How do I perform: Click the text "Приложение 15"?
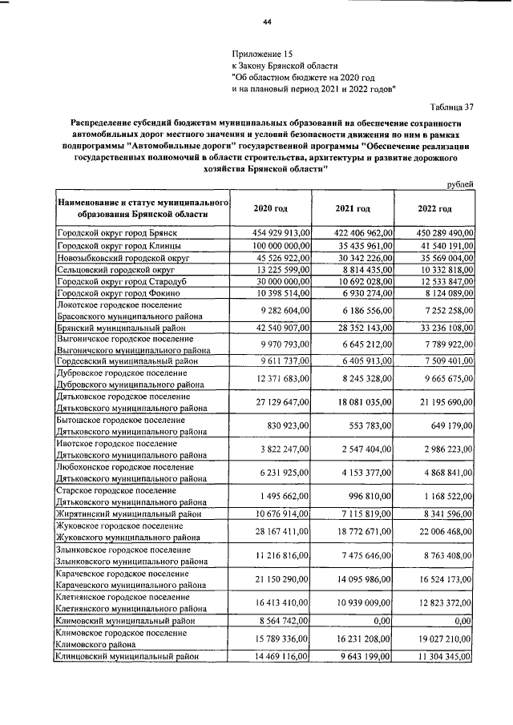[x=262, y=53]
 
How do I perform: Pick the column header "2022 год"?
[x=435, y=208]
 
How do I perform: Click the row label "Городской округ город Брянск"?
[x=116, y=232]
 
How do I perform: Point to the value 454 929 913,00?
[x=276, y=232]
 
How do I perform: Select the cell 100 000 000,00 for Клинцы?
[x=276, y=245]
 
